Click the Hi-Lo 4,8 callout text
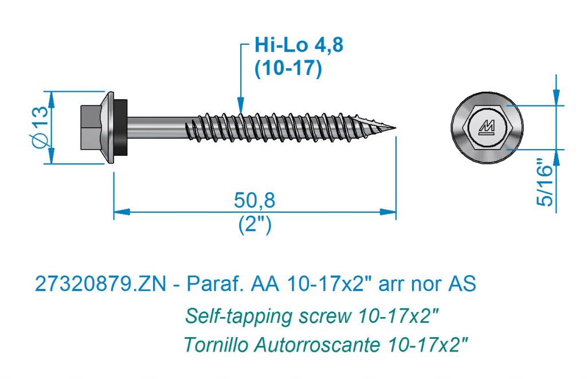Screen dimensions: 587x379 (299, 45)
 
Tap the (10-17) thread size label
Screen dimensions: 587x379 (288, 68)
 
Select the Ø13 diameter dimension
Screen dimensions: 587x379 (41, 127)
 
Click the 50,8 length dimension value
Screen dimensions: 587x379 (255, 200)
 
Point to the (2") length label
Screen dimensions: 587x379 (255, 225)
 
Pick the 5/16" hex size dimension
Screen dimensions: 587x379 (545, 182)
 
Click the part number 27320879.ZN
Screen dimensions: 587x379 (100, 283)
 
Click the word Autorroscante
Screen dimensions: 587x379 (317, 344)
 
